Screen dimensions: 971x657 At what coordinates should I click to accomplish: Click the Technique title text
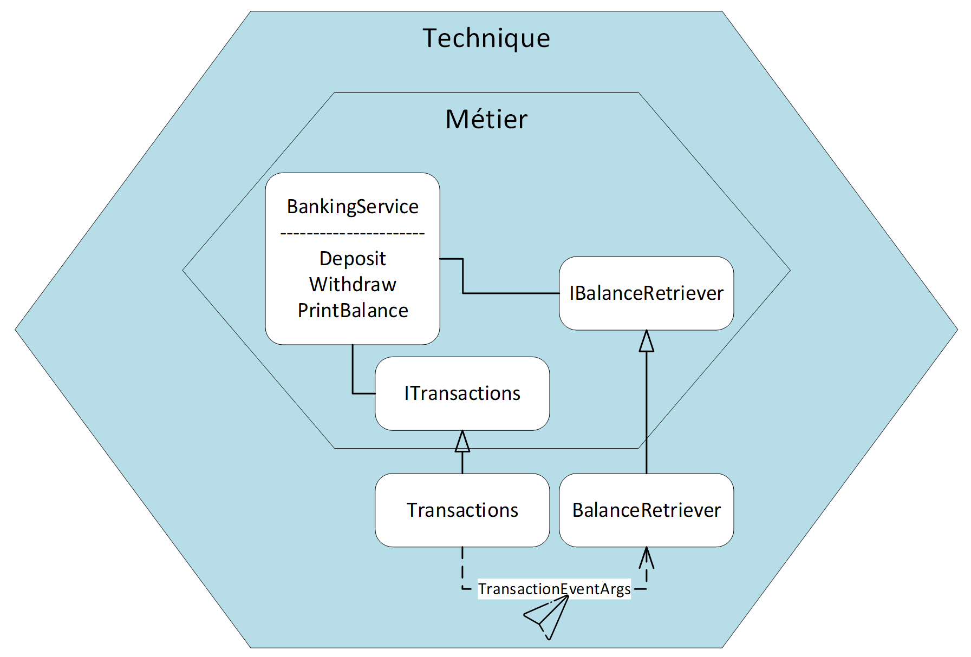[x=486, y=38]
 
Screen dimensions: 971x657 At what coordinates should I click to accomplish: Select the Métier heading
[x=486, y=119]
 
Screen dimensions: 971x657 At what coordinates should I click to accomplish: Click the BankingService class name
[x=353, y=207]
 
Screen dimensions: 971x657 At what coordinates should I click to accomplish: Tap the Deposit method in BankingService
[x=353, y=259]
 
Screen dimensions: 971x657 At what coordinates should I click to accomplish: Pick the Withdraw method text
[x=353, y=285]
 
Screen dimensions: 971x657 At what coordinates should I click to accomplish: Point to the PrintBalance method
[x=353, y=311]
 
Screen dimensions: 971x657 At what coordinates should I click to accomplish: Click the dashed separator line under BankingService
[x=353, y=234]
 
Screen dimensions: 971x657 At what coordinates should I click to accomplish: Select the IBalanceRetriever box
[x=646, y=293]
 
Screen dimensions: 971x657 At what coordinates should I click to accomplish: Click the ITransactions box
[x=462, y=393]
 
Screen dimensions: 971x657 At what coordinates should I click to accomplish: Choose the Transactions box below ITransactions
[x=462, y=510]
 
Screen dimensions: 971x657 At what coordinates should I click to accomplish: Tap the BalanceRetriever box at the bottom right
[x=646, y=510]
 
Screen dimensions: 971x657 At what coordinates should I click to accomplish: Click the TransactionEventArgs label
[x=554, y=589]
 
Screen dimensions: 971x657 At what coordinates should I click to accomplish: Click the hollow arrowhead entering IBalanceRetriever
[x=646, y=341]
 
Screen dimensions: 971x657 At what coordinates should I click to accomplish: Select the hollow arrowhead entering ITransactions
[x=462, y=441]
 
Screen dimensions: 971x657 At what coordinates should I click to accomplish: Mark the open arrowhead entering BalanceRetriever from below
[x=646, y=558]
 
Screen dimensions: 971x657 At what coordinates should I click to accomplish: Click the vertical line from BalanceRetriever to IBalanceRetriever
[x=646, y=413]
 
